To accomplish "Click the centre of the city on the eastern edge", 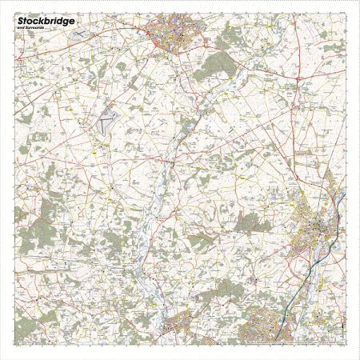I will (x=320, y=232).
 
